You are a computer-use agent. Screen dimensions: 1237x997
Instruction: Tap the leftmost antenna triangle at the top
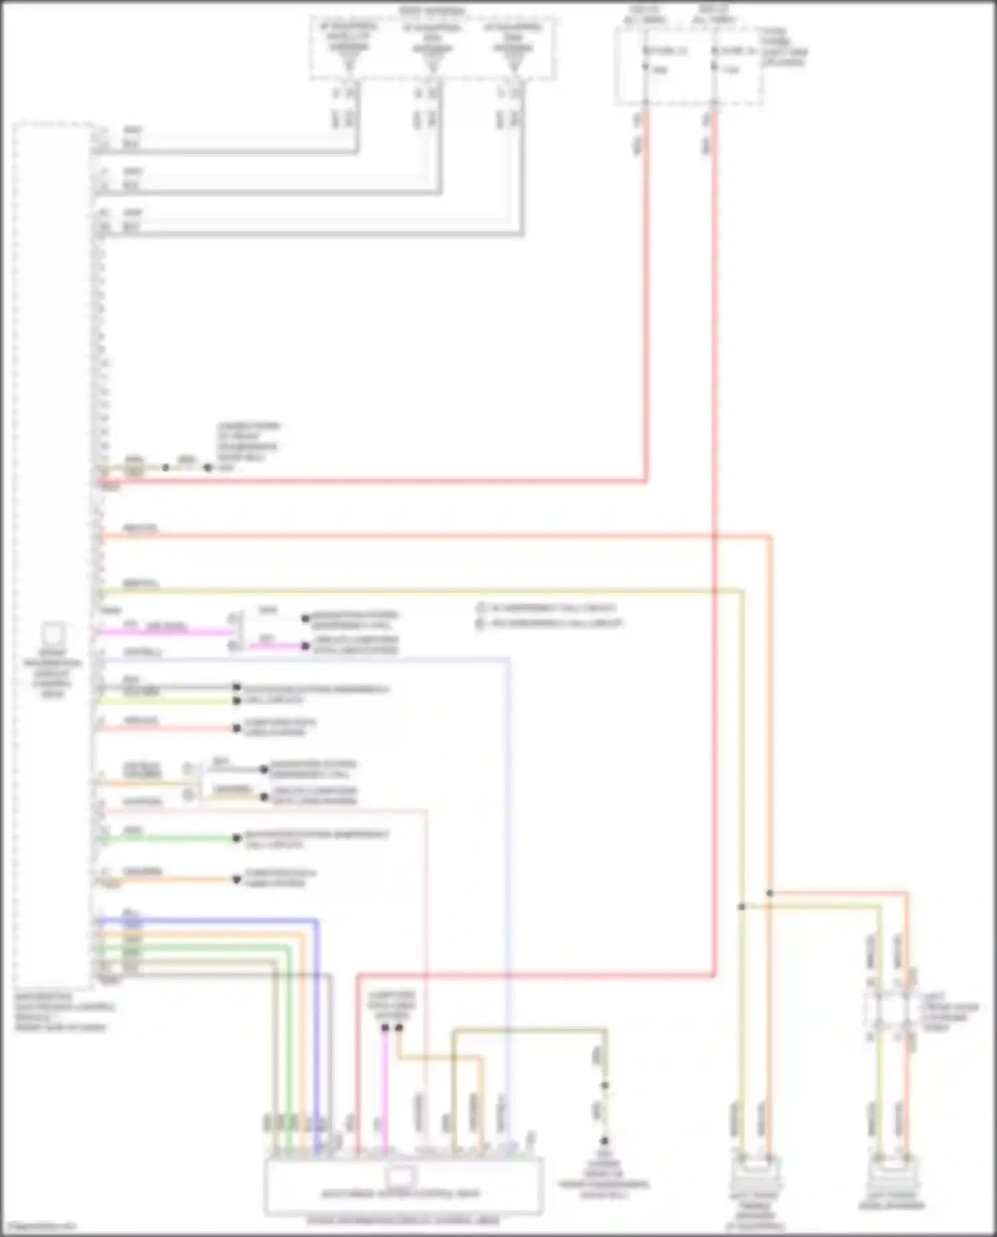coord(349,63)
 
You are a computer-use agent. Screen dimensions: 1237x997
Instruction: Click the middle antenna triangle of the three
coord(432,63)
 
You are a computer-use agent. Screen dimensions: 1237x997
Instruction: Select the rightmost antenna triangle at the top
coord(513,63)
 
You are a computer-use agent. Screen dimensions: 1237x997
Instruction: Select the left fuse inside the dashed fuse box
coord(645,66)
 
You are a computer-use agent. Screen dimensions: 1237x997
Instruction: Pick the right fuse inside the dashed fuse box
coord(715,66)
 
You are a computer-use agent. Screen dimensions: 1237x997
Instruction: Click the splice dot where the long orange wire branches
coord(770,893)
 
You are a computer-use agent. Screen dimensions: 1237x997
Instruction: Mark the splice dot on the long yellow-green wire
coord(742,907)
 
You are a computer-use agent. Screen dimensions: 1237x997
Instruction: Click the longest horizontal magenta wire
coord(166,631)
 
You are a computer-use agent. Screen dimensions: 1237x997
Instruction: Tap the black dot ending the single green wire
coord(236,838)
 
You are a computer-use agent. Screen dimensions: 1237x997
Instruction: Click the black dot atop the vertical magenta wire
coord(385,1028)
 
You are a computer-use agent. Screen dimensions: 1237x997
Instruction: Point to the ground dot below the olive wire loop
coord(605,1141)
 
